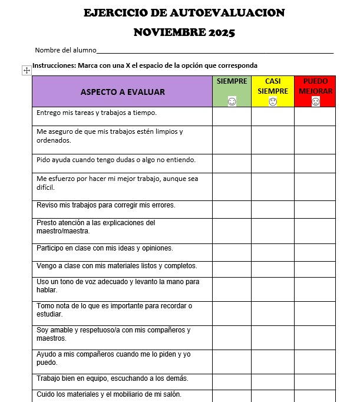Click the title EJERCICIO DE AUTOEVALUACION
coord(184,13)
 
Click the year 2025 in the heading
coord(222,32)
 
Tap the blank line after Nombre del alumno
coord(214,51)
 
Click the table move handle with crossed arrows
coord(27,70)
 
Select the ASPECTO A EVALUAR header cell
coord(123,92)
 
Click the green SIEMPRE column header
coord(232,81)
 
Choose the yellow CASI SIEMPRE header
coord(273,87)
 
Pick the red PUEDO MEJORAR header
coord(315,87)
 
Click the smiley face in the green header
coord(232,102)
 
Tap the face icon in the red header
coord(315,102)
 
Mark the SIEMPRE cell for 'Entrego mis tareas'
coord(232,116)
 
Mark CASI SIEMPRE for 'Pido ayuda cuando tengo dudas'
coord(273,163)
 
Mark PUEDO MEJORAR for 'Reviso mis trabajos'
coord(315,209)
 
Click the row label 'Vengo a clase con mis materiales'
coord(117,266)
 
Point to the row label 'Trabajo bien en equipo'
coord(113,378)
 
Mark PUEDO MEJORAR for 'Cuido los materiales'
coord(315,395)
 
